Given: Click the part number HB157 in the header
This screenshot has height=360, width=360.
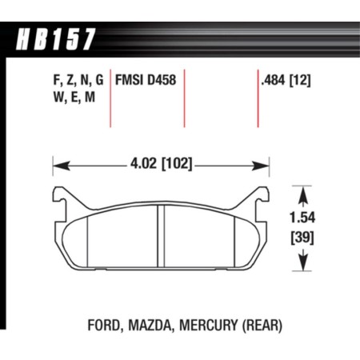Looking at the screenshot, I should click(x=55, y=37).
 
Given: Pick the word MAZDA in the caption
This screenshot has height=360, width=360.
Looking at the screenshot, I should click(x=149, y=326).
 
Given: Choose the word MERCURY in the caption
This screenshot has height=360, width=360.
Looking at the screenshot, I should click(x=207, y=326).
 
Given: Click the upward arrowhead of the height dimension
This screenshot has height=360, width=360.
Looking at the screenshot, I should click(x=304, y=190).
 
